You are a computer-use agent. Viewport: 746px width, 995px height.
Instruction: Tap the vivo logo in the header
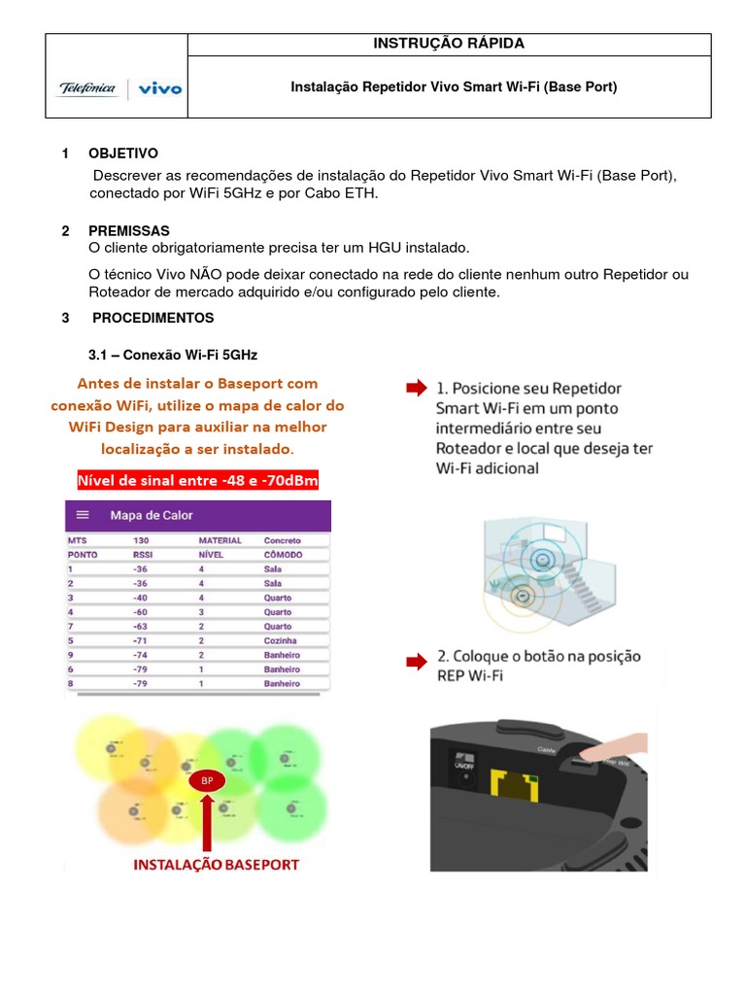tap(159, 89)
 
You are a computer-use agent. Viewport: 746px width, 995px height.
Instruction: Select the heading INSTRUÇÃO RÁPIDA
tap(449, 44)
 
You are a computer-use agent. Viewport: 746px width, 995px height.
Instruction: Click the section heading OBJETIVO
tap(122, 154)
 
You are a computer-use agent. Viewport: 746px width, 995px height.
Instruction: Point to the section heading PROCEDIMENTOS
tap(153, 318)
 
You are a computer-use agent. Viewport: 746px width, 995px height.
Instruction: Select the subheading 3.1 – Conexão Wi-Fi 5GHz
tap(173, 355)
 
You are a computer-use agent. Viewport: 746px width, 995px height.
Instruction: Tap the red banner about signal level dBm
tap(197, 481)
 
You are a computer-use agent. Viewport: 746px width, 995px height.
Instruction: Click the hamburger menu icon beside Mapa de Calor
tap(83, 515)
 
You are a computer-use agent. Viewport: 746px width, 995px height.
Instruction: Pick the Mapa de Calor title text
tap(151, 515)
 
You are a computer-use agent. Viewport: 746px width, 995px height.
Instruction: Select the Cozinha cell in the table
tap(282, 641)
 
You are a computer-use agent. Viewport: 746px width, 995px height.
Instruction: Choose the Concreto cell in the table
tap(283, 540)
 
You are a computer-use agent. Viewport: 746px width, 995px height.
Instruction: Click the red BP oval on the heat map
tap(206, 780)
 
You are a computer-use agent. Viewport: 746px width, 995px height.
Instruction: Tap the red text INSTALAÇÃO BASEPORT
tap(216, 864)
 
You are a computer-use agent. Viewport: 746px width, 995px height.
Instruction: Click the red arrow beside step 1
tap(416, 389)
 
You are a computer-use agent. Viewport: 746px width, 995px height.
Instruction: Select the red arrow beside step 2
tap(416, 663)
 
